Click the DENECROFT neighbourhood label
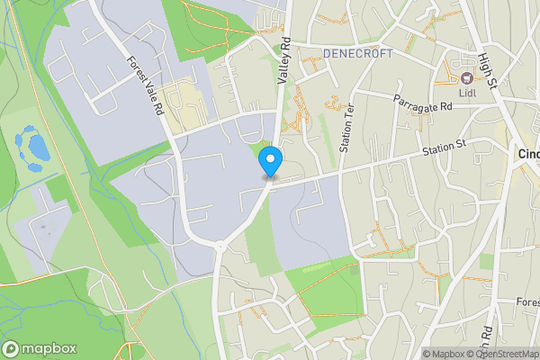(x=357, y=54)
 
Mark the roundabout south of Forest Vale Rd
(x=220, y=246)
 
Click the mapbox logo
(x=39, y=348)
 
